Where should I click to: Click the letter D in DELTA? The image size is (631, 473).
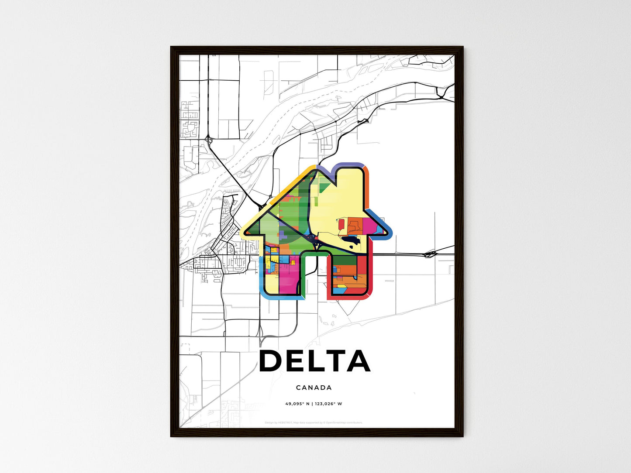click(x=271, y=361)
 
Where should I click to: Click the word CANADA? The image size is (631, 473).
click(x=314, y=387)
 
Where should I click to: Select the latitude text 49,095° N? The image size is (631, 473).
click(x=297, y=404)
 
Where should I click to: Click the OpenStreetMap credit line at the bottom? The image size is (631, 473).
click(x=314, y=422)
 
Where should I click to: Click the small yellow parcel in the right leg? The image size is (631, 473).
click(x=341, y=286)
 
